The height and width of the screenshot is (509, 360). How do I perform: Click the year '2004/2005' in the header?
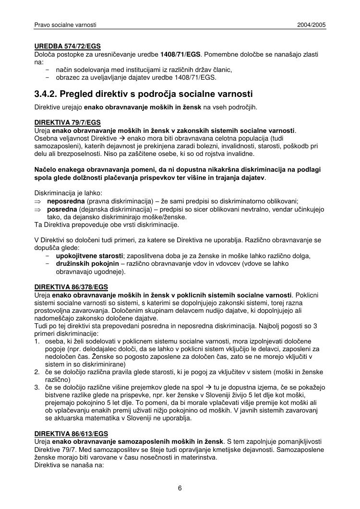coord(312,24)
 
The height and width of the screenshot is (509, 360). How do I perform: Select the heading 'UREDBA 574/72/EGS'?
coord(68,47)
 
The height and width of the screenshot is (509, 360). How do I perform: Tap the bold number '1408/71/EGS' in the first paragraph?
coord(180,55)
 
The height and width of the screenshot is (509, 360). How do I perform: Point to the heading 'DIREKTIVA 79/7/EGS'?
coord(68,122)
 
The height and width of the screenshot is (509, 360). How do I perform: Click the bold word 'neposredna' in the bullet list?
coord(63,201)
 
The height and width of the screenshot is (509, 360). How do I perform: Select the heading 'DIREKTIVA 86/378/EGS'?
coord(71,287)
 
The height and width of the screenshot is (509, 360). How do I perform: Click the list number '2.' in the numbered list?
coord(37,372)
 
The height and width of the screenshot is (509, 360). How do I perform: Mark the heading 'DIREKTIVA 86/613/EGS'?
coord(71,434)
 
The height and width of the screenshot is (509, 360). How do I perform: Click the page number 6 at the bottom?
coord(180,488)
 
